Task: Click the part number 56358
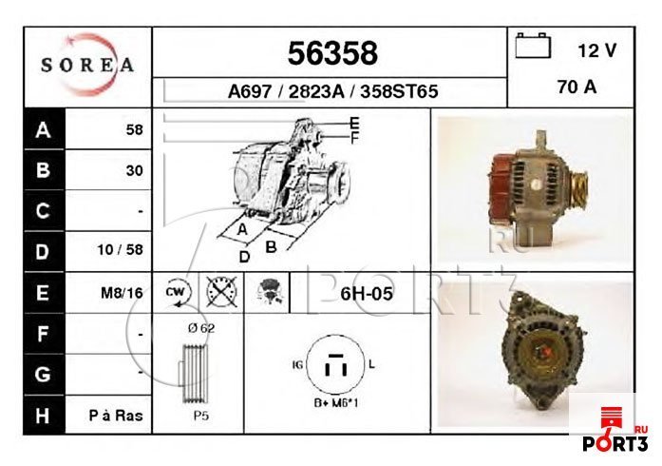coord(332,51)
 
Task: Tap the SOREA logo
coord(87,66)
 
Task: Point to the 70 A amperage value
coord(577,87)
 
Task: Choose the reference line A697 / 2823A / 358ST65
coord(332,92)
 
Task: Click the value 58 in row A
coord(134,130)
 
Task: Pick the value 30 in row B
coord(134,171)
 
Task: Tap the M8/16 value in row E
coord(122,293)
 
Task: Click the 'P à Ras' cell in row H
coord(117,415)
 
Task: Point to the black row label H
coord(42,415)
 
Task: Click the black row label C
coord(42,211)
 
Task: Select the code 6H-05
coord(366,293)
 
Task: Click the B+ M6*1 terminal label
coord(336,403)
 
